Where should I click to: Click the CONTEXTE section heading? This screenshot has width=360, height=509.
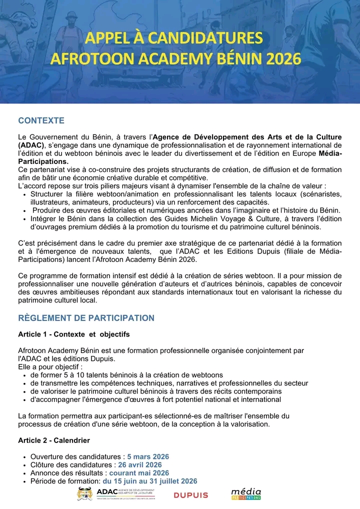(41, 120)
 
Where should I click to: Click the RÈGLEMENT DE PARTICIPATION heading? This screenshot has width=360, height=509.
(86, 318)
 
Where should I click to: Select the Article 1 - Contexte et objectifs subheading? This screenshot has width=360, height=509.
(73, 334)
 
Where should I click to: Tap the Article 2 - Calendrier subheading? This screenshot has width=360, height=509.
(54, 440)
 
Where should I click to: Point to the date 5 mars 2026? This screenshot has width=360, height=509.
(148, 456)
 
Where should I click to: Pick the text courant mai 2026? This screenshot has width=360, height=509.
(139, 472)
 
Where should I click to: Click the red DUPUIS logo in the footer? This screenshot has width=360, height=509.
(190, 495)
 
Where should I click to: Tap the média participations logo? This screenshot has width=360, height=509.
(246, 494)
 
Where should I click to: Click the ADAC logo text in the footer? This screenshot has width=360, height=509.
(106, 492)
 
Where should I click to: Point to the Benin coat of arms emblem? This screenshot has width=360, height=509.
(84, 493)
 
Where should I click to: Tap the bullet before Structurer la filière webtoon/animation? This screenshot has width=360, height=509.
(24, 194)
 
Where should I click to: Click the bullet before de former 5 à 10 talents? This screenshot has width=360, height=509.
(24, 375)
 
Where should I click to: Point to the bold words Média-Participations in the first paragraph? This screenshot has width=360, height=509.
(330, 153)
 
